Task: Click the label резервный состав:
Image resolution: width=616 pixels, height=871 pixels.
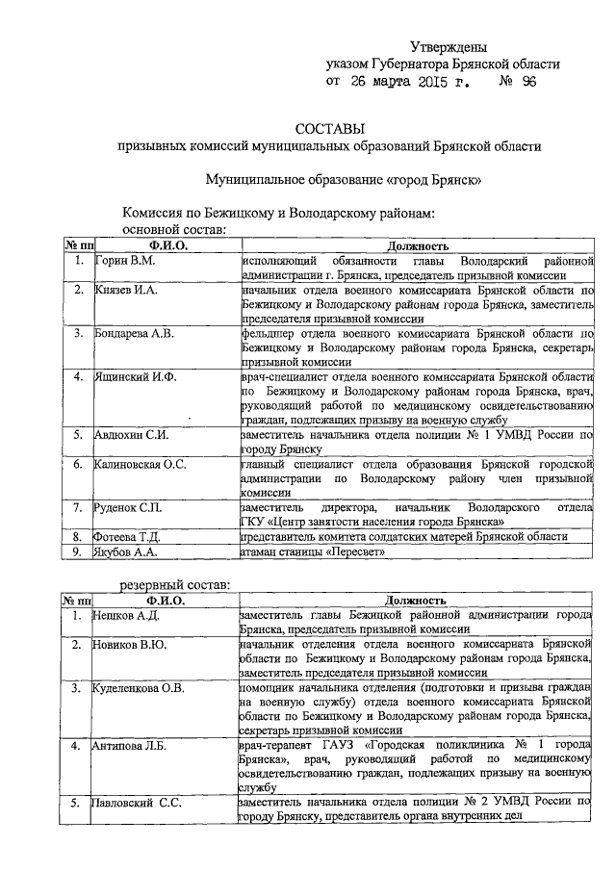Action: click(174, 584)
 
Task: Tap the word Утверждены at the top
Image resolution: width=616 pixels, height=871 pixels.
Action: click(449, 46)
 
